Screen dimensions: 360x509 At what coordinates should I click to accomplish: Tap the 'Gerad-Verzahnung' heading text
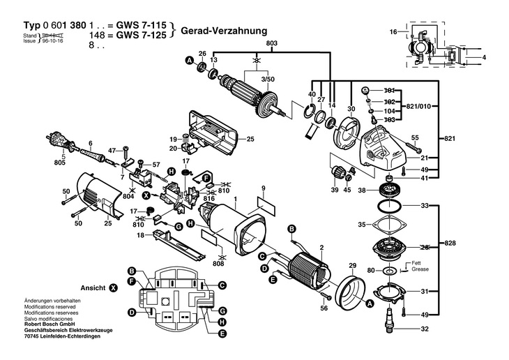click(x=224, y=31)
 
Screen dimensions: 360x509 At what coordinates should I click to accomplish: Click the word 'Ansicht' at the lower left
click(x=93, y=287)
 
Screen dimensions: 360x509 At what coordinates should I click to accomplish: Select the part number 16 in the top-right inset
click(x=393, y=32)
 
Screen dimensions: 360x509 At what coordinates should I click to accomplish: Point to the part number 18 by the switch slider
click(x=140, y=236)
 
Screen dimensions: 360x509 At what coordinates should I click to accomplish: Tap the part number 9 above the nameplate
click(x=264, y=188)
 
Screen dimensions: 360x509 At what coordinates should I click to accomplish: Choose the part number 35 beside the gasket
click(x=361, y=225)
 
